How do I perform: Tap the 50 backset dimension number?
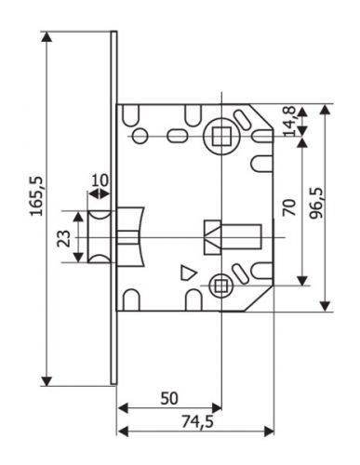pos(168,398)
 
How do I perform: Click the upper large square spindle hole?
pos(220,140)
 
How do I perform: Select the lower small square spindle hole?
pos(220,286)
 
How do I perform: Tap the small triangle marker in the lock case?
pos(187,273)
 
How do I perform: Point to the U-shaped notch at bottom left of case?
pos(132,299)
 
